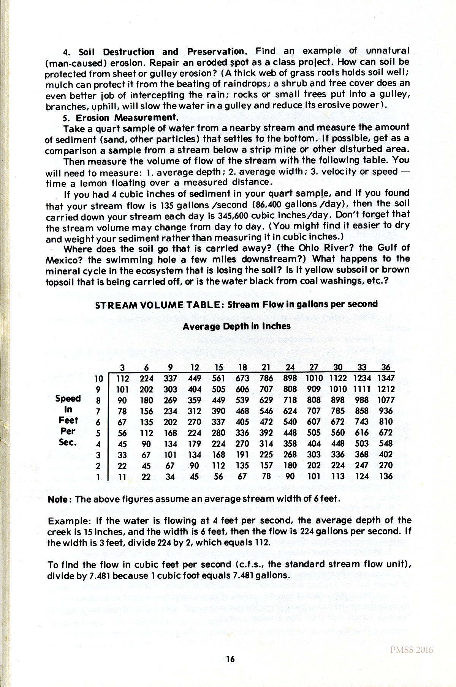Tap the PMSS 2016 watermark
point(412,650)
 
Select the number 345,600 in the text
point(146,217)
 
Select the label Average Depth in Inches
point(236,326)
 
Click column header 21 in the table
point(266,367)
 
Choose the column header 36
point(386,367)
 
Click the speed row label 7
point(98,411)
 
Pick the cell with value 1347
point(386,378)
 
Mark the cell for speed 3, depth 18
point(242,455)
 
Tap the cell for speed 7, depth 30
point(338,411)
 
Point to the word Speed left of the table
point(68,398)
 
